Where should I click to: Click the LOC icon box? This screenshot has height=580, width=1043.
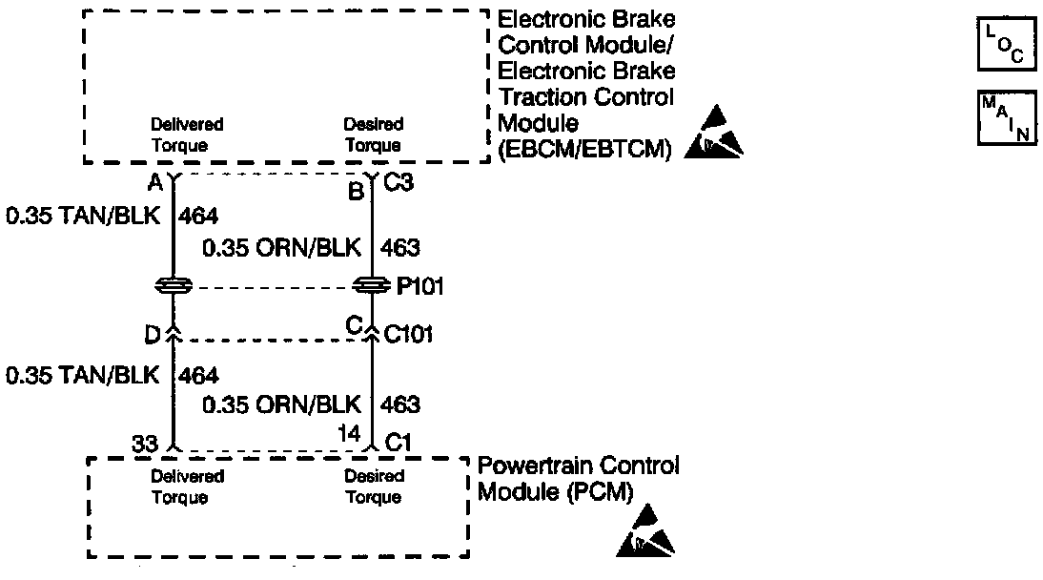pos(1007,45)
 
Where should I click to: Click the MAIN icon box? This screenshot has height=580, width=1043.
pos(1007,118)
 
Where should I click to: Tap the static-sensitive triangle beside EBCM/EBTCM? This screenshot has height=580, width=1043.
pos(713,133)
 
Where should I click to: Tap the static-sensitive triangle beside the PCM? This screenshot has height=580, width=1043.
pos(645,530)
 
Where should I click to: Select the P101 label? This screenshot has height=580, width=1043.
pos(419,286)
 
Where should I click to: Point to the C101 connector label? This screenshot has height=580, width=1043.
pos(408,334)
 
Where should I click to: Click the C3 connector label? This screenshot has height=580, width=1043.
pos(399,182)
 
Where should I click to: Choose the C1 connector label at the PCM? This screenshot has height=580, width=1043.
pos(399,443)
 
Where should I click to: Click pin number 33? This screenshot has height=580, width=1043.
pos(144,444)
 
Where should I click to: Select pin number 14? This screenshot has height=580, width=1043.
pos(349,433)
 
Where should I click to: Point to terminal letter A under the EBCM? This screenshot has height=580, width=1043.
pos(155,182)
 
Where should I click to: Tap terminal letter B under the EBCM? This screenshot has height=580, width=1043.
pos(356,192)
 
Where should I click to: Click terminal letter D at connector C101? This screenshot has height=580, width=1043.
pos(153,335)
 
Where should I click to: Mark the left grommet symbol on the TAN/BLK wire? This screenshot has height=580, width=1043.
pos(174,285)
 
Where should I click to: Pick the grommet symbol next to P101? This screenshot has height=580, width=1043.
pos(372,285)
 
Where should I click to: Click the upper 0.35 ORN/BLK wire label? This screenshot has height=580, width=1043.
pos(281,248)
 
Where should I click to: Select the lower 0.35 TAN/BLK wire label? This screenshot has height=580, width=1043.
pos(83,375)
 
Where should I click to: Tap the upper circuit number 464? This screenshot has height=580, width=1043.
pos(198,216)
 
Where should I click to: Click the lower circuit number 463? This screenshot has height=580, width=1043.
pos(399,404)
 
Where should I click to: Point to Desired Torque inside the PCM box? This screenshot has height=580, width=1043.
pos(373,487)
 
